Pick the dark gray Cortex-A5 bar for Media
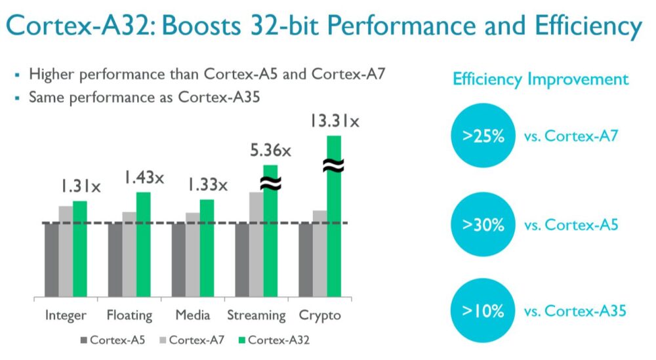178,260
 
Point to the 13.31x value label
335,122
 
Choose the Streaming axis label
256,315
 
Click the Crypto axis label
320,315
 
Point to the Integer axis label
66,315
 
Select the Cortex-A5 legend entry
112,340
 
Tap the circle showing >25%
483,136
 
